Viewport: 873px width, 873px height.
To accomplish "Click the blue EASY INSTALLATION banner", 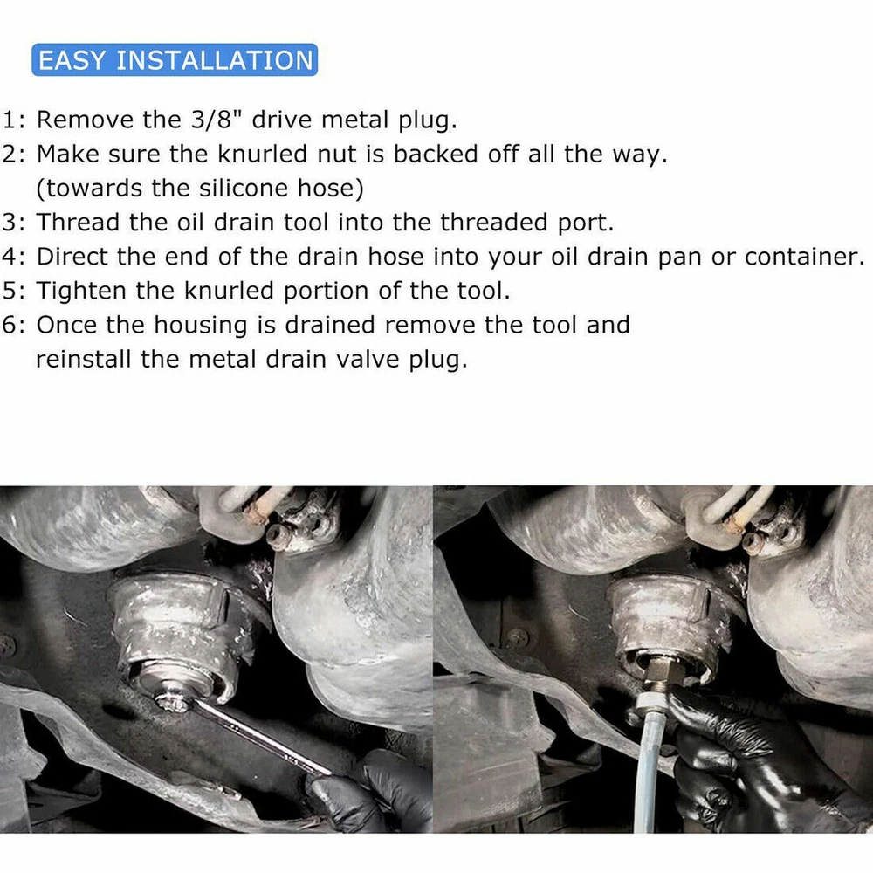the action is click(175, 59).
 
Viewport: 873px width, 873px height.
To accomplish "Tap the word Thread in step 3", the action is click(78, 223).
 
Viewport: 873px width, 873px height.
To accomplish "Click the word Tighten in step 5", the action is click(81, 292).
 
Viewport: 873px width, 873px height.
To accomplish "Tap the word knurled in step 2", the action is click(262, 155).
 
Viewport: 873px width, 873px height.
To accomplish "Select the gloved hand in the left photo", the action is click(370, 794).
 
